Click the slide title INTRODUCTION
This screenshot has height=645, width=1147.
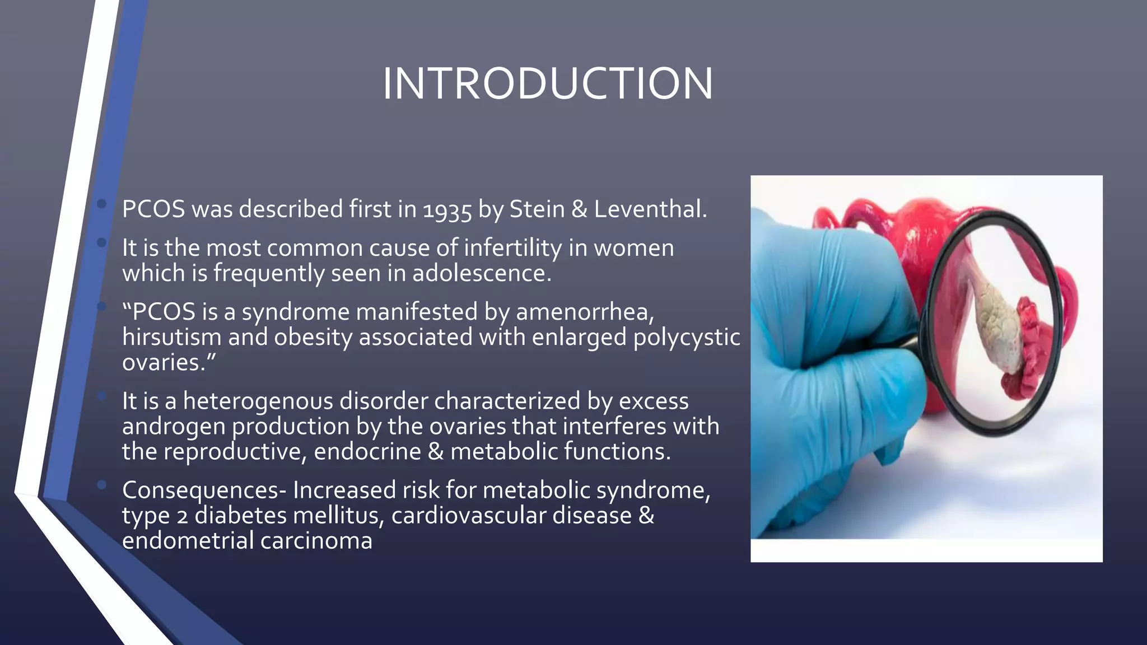pyautogui.click(x=547, y=84)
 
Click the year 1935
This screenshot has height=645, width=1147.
pyautogui.click(x=447, y=211)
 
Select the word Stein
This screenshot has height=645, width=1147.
pyautogui.click(x=537, y=209)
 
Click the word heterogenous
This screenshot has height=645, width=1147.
pyautogui.click(x=258, y=401)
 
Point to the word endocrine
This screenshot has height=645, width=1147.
pyautogui.click(x=367, y=451)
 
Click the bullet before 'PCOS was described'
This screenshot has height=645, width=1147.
pyautogui.click(x=101, y=204)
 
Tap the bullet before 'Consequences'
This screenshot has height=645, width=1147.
pyautogui.click(x=101, y=485)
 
